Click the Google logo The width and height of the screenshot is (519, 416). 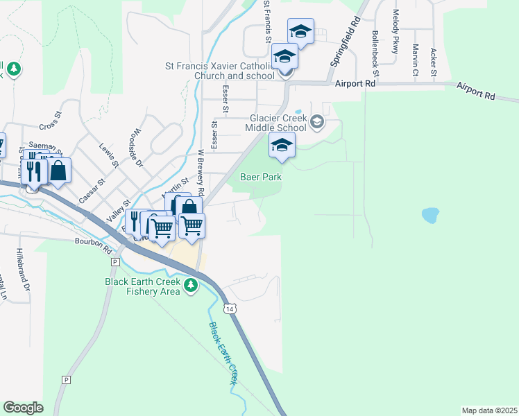(x=23, y=408)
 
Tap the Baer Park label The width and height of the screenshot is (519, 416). (x=261, y=177)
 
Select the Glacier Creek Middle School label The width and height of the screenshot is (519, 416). (x=276, y=123)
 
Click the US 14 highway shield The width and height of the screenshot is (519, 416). (x=229, y=307)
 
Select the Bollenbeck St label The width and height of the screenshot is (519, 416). (x=375, y=53)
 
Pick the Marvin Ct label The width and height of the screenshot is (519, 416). (x=414, y=60)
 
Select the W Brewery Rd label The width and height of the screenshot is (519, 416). (x=201, y=172)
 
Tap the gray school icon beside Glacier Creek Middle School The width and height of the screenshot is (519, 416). (x=317, y=123)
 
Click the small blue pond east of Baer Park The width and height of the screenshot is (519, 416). (x=430, y=215)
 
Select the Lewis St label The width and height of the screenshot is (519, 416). (x=110, y=156)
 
